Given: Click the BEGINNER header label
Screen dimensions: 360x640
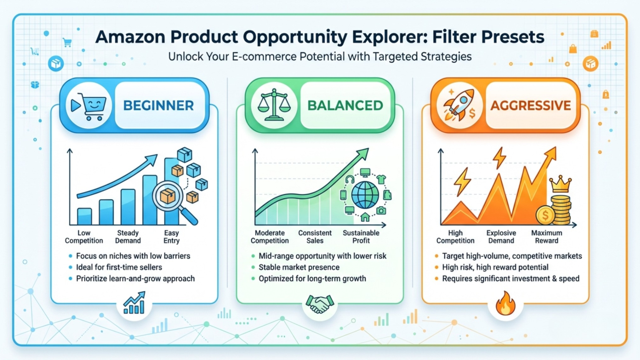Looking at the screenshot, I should pos(158,106).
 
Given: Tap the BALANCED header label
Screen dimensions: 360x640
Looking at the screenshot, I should pos(345,106).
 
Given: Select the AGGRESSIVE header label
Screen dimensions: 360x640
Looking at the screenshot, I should pos(531,106).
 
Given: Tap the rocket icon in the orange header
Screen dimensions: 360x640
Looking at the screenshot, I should pos(459,105).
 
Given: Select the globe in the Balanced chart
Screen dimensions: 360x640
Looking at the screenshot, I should pos(365,195).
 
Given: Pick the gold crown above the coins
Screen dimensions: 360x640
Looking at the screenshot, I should pos(560,184).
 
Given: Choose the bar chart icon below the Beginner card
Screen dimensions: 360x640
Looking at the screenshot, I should pos(134,303).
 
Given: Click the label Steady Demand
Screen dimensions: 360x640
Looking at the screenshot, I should pos(128,237).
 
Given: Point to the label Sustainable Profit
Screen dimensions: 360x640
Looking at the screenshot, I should pos(361,237).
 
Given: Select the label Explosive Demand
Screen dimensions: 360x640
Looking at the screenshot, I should pos(501,237).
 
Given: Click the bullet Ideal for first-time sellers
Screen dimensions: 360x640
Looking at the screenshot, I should pos(119,267).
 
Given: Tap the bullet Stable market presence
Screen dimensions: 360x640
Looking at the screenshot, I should pos(299,267).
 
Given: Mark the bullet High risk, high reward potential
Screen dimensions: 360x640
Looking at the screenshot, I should pos(495,267).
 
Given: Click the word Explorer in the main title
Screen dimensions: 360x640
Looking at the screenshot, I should pos(389,37).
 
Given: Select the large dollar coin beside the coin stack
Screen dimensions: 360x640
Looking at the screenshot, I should pos(545,215).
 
